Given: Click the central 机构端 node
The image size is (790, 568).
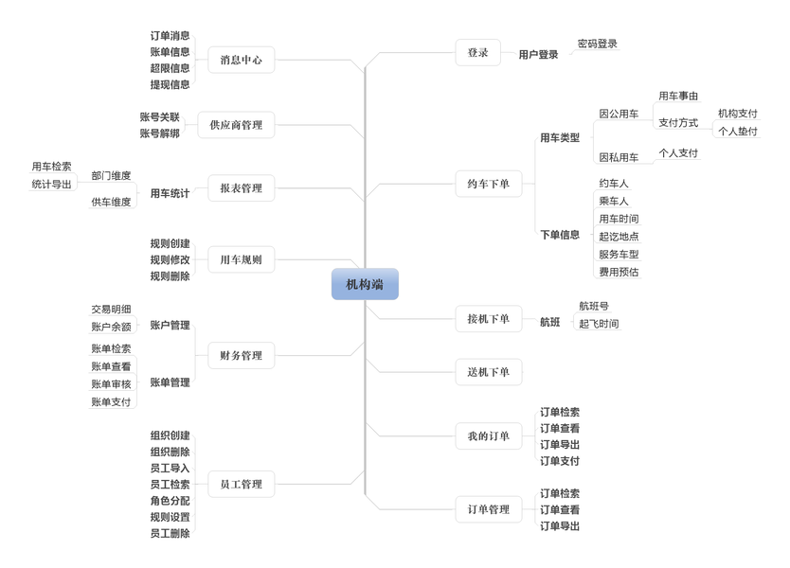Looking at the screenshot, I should coord(365,284).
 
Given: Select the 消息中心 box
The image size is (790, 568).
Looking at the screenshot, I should coord(241,60).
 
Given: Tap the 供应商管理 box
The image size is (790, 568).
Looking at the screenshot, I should coord(236,125).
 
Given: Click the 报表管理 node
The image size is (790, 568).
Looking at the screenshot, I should coord(241,188).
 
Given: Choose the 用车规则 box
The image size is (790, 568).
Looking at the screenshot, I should coord(241,259).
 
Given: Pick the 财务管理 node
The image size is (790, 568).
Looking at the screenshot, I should coord(241,356).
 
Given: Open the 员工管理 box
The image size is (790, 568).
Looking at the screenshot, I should coord(241,485).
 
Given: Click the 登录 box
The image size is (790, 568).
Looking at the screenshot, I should coord(477,53).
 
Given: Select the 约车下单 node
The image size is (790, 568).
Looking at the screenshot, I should coord(488,184).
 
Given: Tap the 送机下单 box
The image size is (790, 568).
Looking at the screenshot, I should coord(488,372).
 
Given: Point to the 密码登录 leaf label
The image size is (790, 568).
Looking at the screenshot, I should coord(598,44).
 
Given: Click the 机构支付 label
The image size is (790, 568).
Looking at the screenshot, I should coord(738,114).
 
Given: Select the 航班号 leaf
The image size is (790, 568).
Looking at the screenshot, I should coord(594,306).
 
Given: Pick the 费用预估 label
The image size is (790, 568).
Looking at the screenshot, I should coord(619,272).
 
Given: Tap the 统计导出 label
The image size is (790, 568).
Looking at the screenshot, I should coord(51,184).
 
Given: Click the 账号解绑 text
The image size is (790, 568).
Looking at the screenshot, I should coord(159,133).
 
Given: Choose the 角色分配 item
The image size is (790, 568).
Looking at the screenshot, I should coord(170,501).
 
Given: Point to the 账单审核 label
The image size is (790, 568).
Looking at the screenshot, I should coord(111,384).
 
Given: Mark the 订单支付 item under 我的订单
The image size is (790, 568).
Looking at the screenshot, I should coord(560,461).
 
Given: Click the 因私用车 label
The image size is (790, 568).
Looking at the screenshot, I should coord(619,157).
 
